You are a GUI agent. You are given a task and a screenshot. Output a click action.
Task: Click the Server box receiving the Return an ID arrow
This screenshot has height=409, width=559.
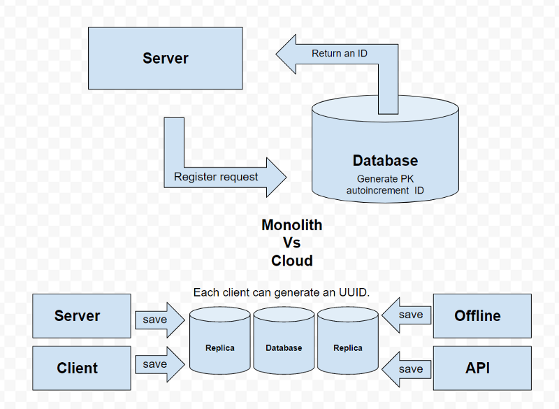(x=166, y=58)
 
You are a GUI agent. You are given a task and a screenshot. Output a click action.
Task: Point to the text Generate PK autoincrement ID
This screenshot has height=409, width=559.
(x=385, y=185)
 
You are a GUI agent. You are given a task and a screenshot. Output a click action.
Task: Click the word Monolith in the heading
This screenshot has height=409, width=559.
(x=292, y=225)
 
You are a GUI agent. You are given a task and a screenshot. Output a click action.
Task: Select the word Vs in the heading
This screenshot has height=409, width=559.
(x=292, y=243)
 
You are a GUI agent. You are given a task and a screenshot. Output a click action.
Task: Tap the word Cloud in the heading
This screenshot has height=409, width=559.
(x=292, y=261)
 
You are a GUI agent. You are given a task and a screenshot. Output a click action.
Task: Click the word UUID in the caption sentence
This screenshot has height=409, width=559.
(x=354, y=292)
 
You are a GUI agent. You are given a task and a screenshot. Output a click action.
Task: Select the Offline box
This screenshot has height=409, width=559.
(x=478, y=316)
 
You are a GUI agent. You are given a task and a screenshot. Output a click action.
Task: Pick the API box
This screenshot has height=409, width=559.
(x=478, y=368)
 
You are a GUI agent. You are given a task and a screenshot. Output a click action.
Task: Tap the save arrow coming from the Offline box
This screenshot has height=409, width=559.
(x=407, y=315)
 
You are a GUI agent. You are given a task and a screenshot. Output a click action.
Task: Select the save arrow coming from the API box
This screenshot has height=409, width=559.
(x=407, y=368)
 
